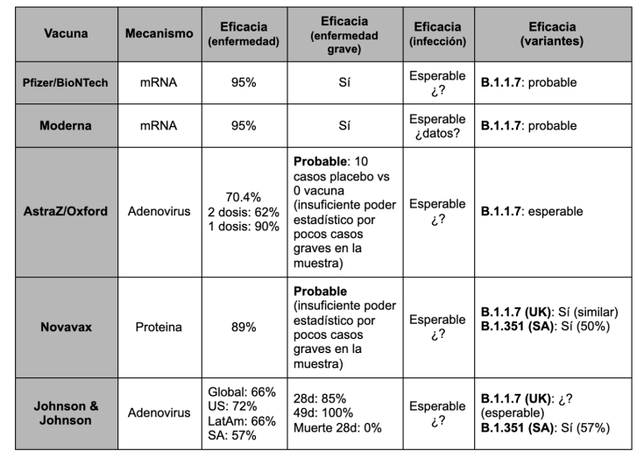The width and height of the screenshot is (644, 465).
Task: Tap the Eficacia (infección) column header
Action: click(437, 34)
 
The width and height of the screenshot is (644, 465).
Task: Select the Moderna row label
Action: click(66, 125)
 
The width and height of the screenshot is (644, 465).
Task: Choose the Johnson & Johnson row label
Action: click(66, 412)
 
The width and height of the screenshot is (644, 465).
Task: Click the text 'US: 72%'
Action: click(231, 406)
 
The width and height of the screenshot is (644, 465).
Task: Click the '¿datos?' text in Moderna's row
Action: click(439, 133)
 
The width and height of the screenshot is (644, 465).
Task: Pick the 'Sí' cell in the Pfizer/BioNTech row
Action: click(344, 83)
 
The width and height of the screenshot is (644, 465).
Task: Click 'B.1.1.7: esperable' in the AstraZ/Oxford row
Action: click(532, 211)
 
